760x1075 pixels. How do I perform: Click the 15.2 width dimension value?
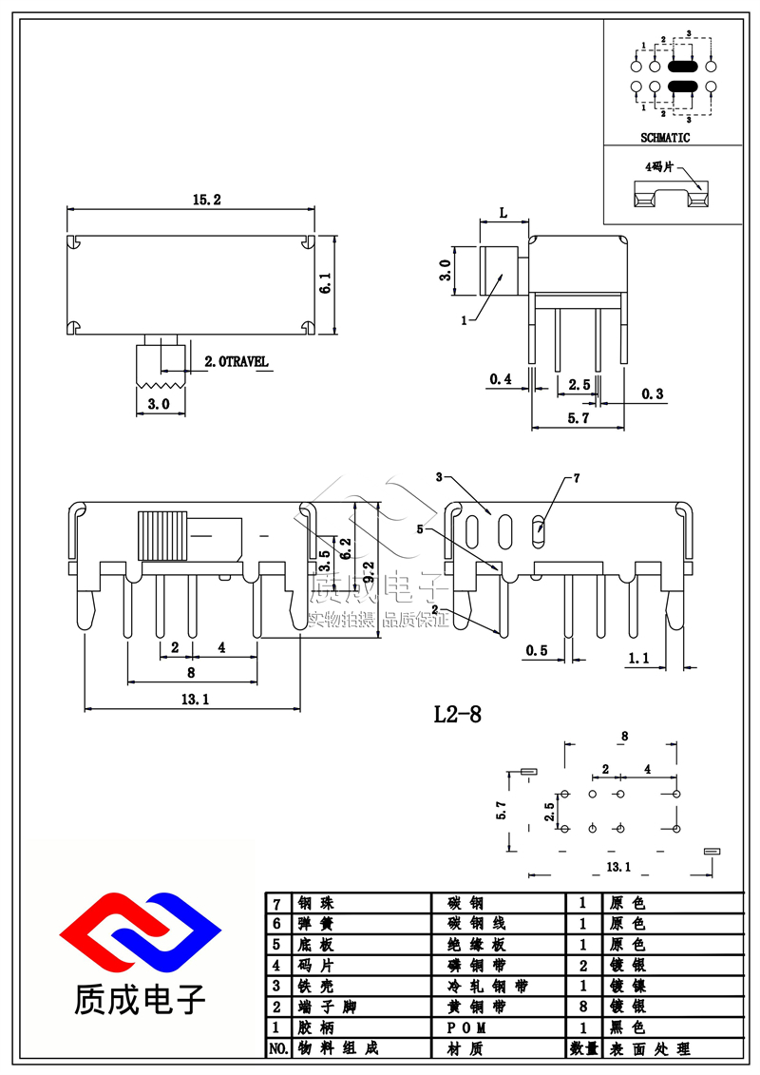click(206, 200)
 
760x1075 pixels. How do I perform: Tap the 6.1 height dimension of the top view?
click(326, 283)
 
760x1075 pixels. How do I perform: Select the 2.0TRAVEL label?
click(237, 362)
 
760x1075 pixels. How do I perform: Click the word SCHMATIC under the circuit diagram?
click(665, 138)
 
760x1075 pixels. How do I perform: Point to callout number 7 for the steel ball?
click(576, 477)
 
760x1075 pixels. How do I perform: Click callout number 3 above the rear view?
click(439, 476)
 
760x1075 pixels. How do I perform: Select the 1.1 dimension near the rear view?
click(638, 657)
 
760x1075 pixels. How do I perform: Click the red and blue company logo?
click(140, 938)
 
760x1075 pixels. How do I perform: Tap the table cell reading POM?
click(473, 1028)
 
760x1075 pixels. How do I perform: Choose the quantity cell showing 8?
click(582, 1008)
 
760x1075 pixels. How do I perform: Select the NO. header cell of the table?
click(277, 1049)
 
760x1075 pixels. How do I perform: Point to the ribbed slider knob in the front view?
click(158, 536)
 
